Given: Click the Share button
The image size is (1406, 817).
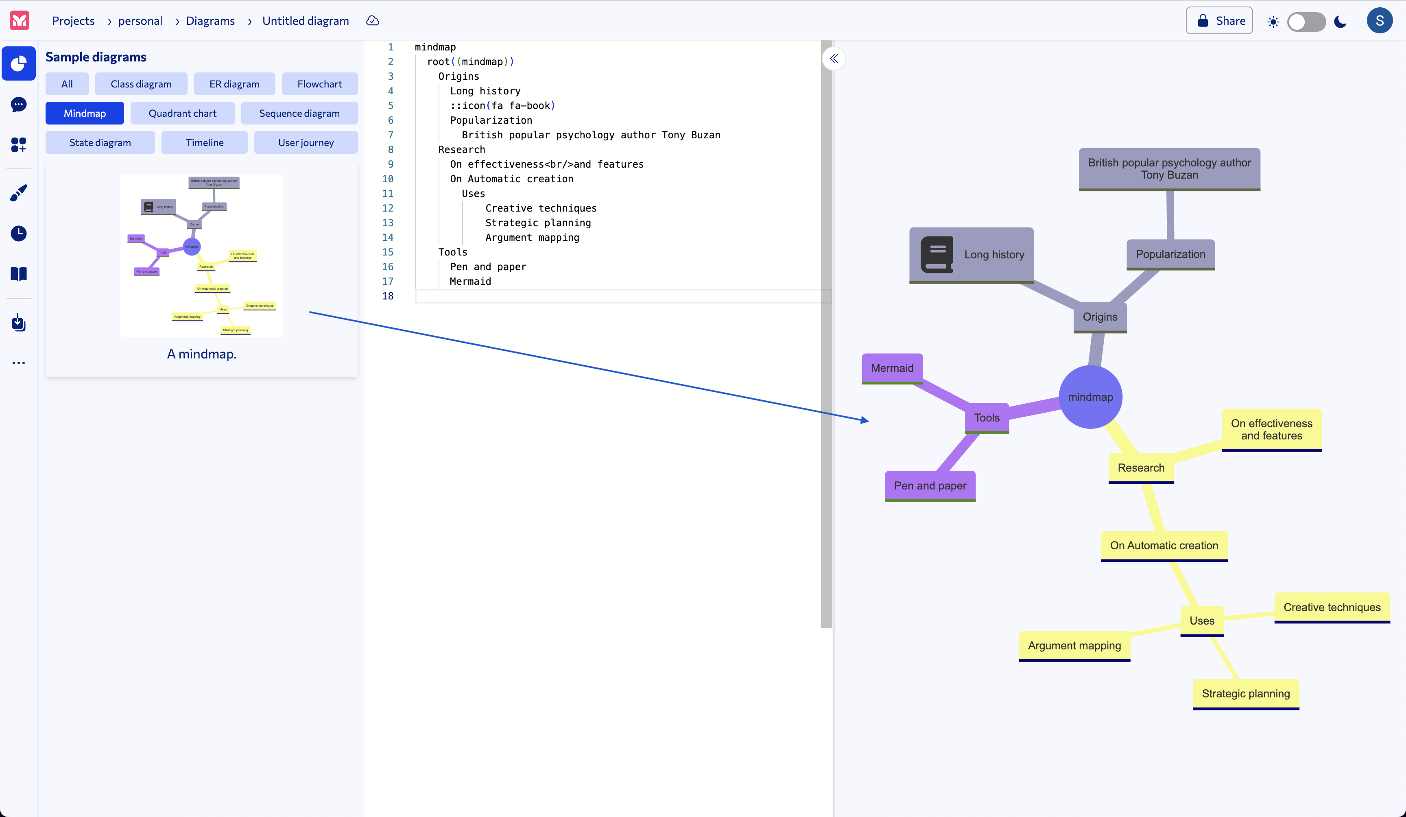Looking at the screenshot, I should [1219, 21].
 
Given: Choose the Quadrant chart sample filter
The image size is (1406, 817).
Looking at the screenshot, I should [182, 113].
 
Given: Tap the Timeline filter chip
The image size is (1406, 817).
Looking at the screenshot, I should [204, 142].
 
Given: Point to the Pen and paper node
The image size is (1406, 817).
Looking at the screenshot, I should [930, 485].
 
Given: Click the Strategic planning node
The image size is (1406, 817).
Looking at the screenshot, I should [1245, 693].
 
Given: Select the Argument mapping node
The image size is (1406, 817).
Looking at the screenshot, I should [1074, 645].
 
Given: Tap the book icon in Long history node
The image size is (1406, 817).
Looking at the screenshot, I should [937, 254].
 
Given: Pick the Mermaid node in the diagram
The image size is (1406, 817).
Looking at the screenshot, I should [892, 368].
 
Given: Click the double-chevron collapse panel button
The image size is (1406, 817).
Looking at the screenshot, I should [834, 59].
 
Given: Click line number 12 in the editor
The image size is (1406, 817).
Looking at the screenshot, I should [388, 208].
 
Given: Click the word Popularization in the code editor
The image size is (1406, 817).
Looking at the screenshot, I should [491, 120].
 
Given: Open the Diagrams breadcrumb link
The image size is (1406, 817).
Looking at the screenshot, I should [210, 21].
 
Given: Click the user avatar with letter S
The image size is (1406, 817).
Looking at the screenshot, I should [1379, 21].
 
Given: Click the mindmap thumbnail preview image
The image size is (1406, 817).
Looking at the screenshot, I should [201, 255].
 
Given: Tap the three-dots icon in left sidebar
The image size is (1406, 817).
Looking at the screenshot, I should [18, 363].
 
